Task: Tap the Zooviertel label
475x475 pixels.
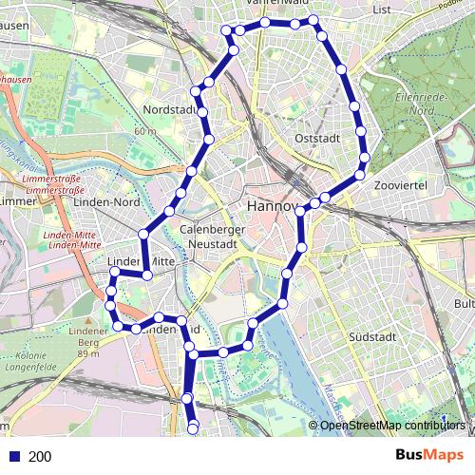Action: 399,184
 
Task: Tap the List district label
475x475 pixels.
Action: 383,9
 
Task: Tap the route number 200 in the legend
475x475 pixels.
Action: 40,457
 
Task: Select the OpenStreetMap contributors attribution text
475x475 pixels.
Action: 391,425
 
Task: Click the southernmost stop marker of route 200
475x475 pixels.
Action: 194,429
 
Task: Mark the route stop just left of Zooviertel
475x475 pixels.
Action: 360,174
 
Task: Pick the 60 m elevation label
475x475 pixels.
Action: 145,131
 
